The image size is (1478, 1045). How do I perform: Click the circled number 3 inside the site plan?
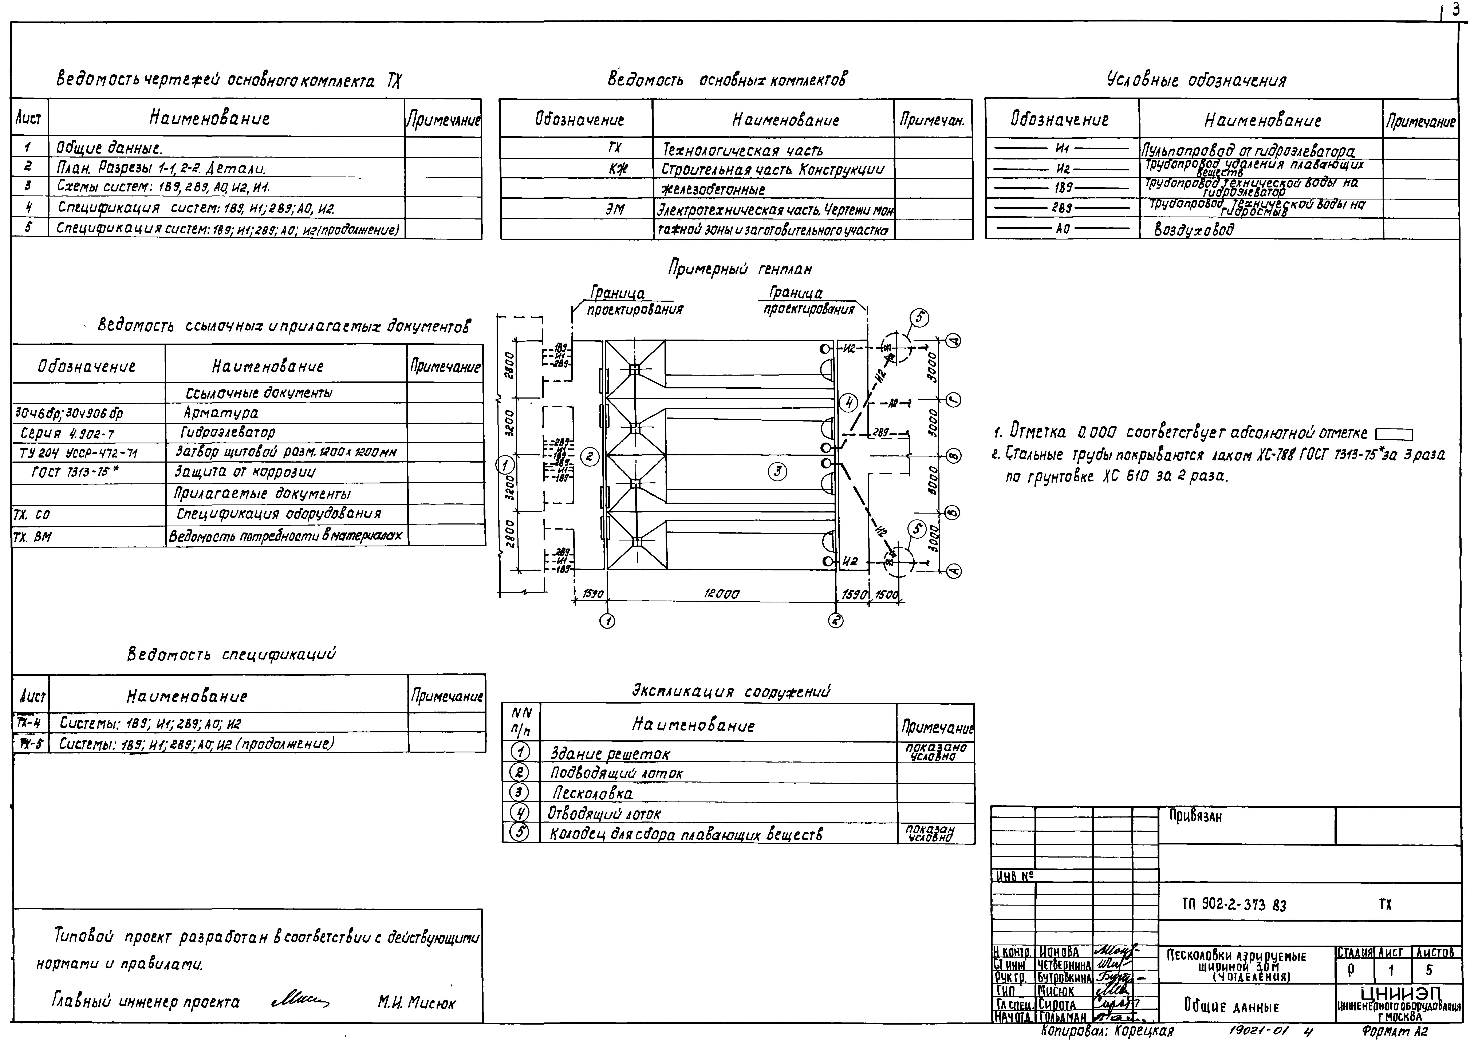(x=778, y=472)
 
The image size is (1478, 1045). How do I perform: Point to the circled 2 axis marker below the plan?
(x=836, y=620)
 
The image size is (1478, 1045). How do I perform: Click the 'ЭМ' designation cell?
(x=615, y=209)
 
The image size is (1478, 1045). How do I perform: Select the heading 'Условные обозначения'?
(x=1196, y=80)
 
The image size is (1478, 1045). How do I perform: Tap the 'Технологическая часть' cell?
(x=742, y=151)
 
